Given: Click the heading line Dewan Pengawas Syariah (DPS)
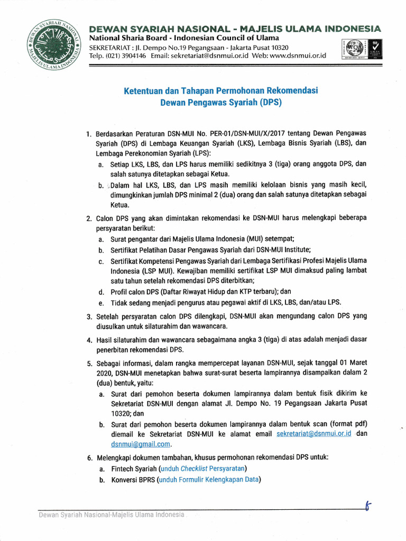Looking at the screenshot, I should pos(221,103).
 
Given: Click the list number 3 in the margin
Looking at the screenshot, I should pos(89,317).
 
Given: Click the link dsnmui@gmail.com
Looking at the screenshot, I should pos(141,444).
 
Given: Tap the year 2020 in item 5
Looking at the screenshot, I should pos(105,374).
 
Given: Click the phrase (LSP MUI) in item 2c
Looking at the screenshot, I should pos(154,270).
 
